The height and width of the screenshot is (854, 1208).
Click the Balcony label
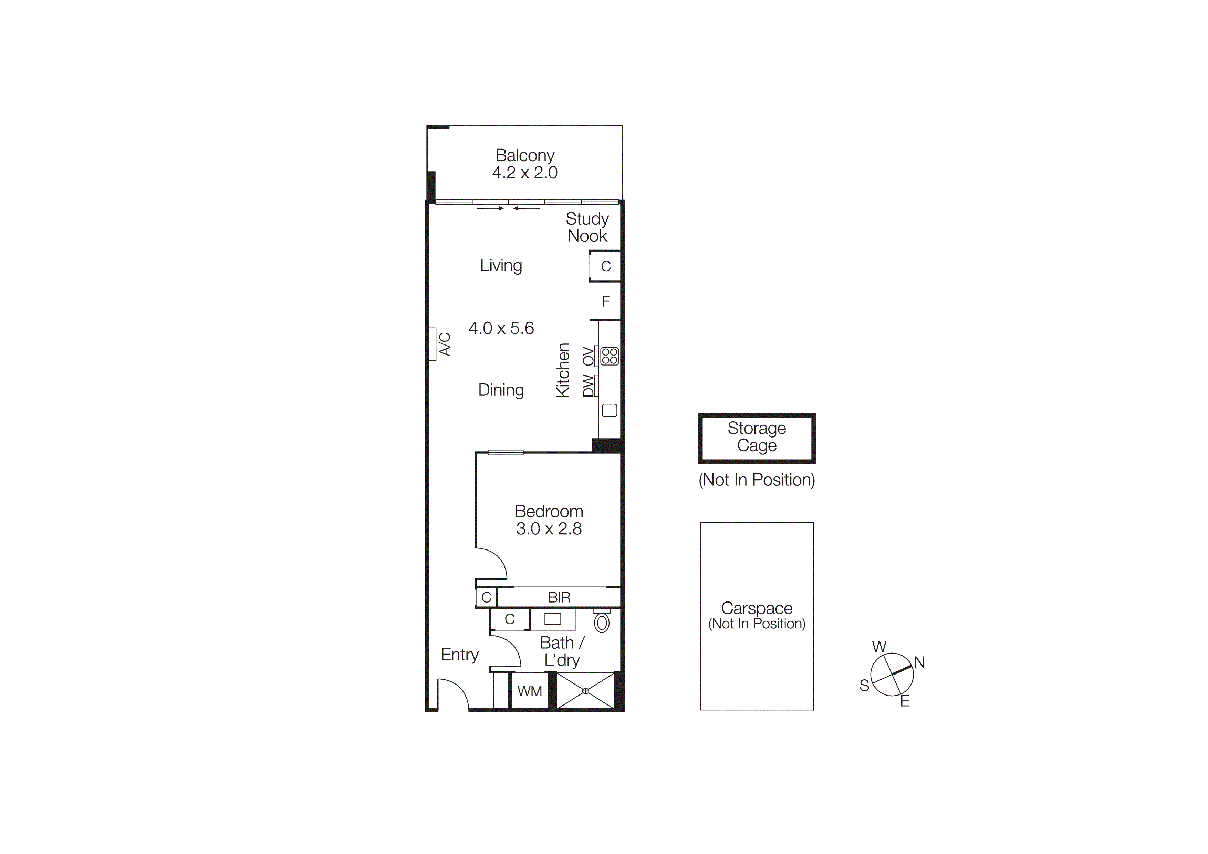[x=524, y=155]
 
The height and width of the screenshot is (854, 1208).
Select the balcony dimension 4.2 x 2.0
[x=524, y=173]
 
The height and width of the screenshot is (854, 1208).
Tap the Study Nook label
[x=587, y=227]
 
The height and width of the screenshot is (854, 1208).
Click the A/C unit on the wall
[x=433, y=344]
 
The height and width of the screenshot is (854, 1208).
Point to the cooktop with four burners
[x=609, y=356]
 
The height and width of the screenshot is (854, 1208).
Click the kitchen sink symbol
[x=609, y=410]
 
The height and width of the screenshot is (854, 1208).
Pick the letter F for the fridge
[x=606, y=301]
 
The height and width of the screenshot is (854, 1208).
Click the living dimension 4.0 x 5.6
[x=501, y=328]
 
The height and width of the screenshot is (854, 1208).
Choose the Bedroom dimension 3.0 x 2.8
[x=549, y=529]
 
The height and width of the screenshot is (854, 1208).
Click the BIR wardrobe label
[x=559, y=598]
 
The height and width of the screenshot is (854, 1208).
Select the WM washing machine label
[x=529, y=691]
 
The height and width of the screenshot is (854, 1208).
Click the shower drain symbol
[x=586, y=691]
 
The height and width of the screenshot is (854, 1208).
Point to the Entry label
[x=460, y=655]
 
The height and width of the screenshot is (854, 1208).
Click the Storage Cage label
[x=757, y=437]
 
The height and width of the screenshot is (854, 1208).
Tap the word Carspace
[x=757, y=608]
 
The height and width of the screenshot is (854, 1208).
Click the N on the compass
[x=919, y=662]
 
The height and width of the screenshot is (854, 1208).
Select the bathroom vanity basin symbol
[x=552, y=619]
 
